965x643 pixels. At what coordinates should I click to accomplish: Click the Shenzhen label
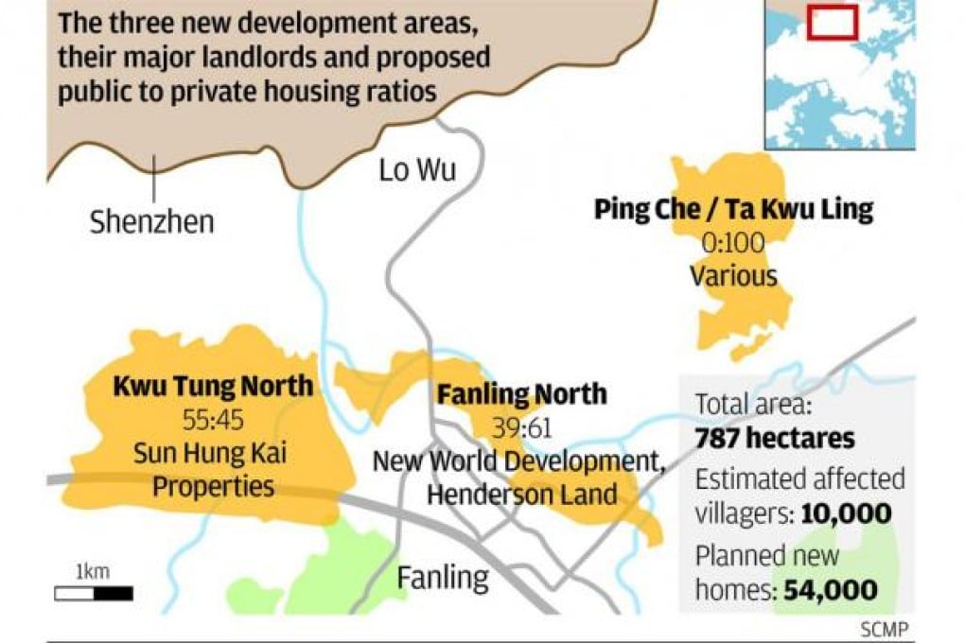(151, 222)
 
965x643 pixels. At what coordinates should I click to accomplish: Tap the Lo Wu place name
(417, 170)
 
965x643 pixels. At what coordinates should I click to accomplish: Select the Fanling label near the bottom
(443, 576)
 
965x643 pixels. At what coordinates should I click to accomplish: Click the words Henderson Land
(521, 494)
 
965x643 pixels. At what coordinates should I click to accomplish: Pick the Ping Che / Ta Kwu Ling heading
(733, 209)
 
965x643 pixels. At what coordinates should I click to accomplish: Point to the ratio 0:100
(733, 243)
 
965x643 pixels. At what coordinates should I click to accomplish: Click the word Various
(733, 276)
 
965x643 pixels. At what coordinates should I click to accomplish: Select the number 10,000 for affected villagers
(846, 513)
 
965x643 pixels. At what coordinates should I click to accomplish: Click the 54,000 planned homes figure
(830, 590)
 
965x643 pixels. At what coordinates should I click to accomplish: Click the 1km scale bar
(93, 594)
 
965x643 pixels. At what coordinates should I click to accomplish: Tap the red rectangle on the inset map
(833, 22)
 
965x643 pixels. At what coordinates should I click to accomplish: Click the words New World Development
(516, 461)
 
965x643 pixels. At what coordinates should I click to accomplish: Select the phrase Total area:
(754, 406)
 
